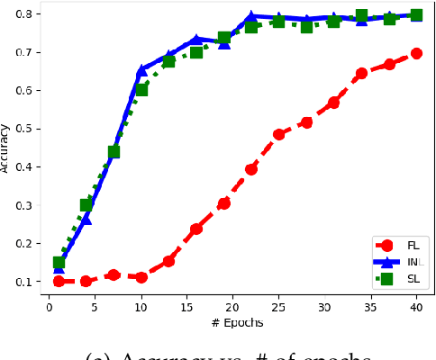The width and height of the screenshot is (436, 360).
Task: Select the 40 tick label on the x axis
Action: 416,307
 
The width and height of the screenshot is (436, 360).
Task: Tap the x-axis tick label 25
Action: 278,307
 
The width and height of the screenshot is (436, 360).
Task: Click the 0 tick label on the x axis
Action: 50,307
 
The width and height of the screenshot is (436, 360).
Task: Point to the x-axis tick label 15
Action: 186,307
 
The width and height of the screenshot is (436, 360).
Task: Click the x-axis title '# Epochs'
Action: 232,322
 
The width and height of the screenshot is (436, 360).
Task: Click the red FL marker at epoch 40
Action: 416,54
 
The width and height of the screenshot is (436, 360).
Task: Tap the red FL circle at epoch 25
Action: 278,134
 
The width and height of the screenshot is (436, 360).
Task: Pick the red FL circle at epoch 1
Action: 59,281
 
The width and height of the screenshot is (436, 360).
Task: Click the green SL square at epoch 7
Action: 114,151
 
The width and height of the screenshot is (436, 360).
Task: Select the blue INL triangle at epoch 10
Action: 141,70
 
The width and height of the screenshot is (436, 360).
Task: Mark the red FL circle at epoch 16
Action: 196,229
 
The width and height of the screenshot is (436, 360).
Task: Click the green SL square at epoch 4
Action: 86,205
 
